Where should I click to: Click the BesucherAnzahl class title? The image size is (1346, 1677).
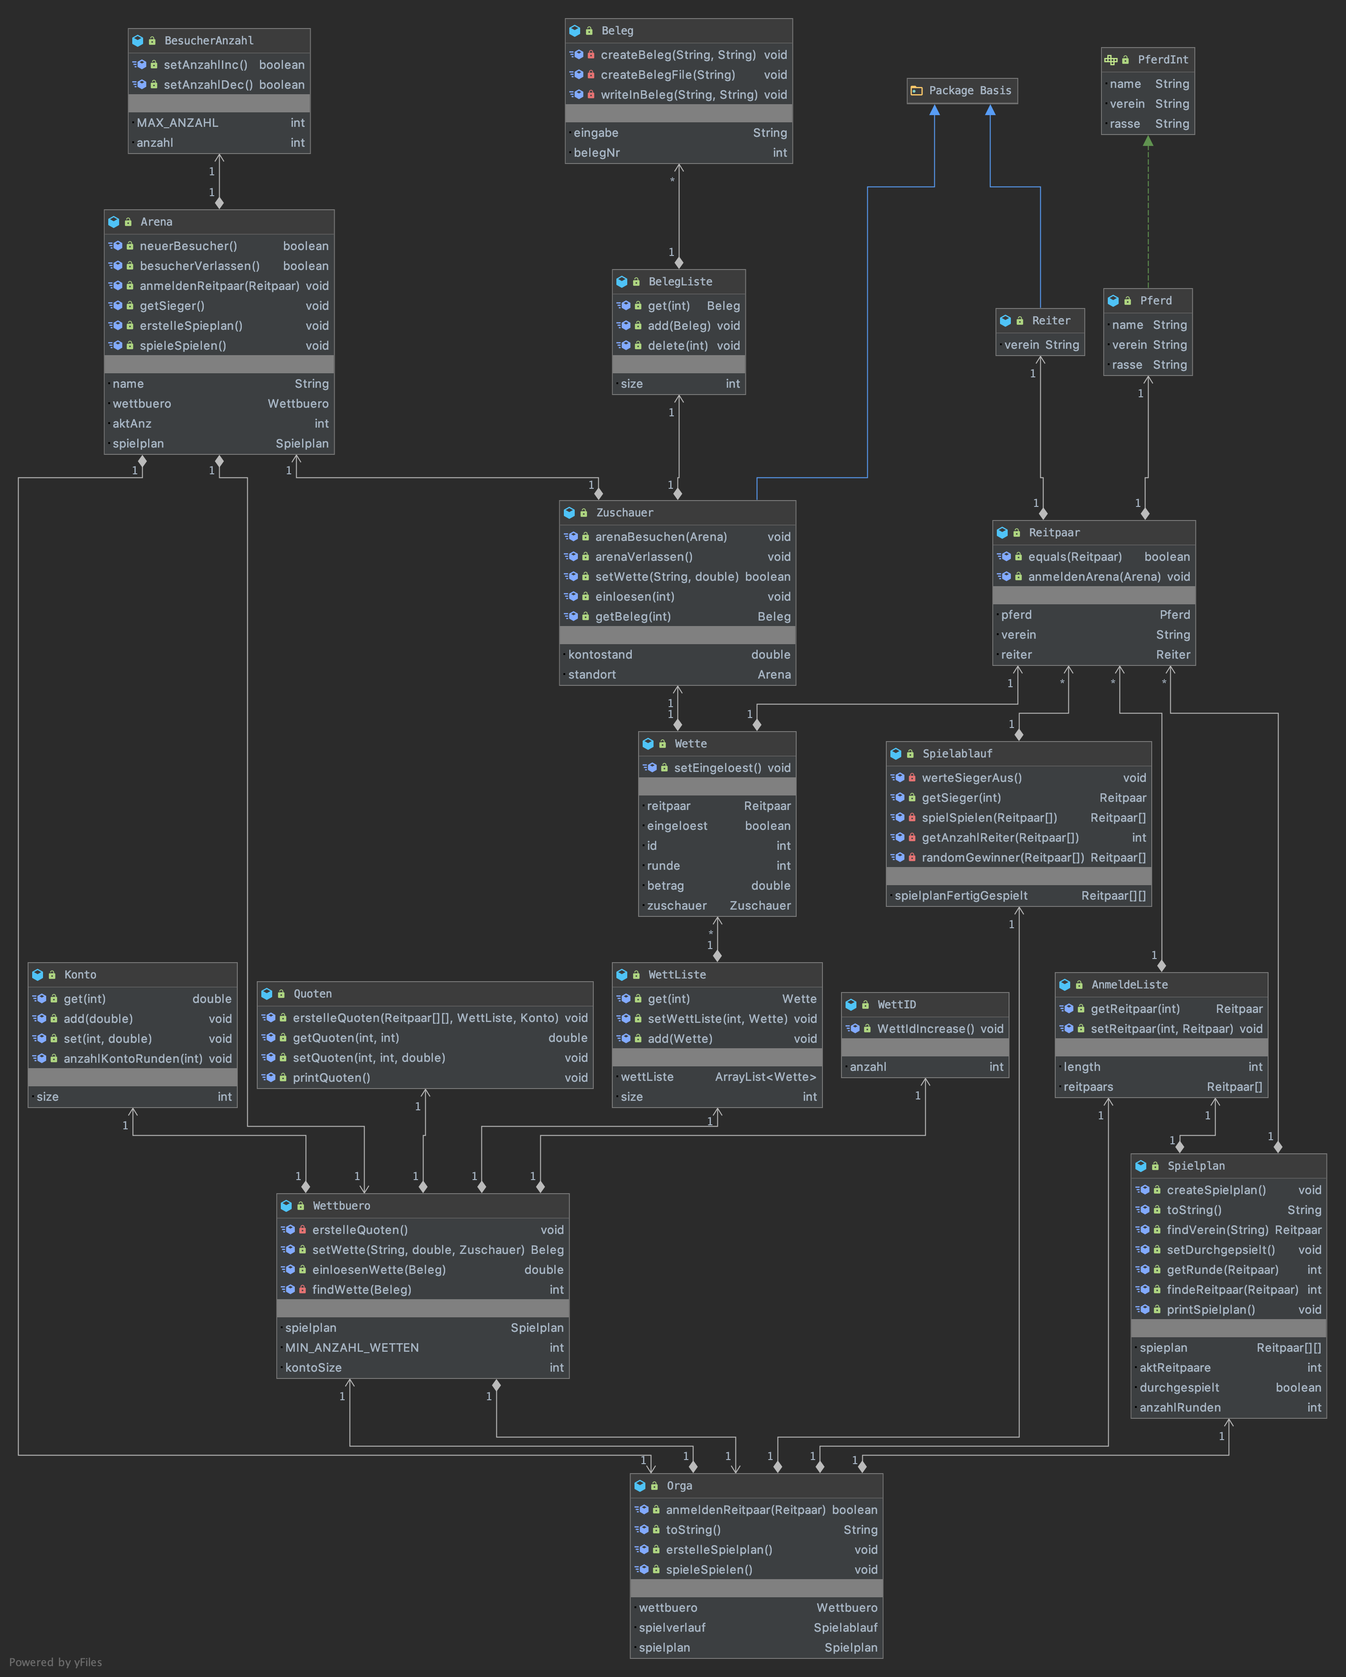(x=208, y=40)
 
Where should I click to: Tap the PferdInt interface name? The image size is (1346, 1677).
(x=1163, y=60)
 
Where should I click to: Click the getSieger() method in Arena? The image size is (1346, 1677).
(x=172, y=306)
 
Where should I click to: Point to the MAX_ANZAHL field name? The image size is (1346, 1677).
(x=177, y=123)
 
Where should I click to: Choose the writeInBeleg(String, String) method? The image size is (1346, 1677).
(x=679, y=95)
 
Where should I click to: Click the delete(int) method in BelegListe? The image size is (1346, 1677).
(x=677, y=345)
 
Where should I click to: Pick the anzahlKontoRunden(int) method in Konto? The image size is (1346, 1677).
(x=133, y=1059)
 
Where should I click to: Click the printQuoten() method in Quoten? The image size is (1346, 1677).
(x=331, y=1077)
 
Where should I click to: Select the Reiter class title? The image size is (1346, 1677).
(x=1051, y=320)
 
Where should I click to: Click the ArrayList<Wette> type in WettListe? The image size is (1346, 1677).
(x=765, y=1076)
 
